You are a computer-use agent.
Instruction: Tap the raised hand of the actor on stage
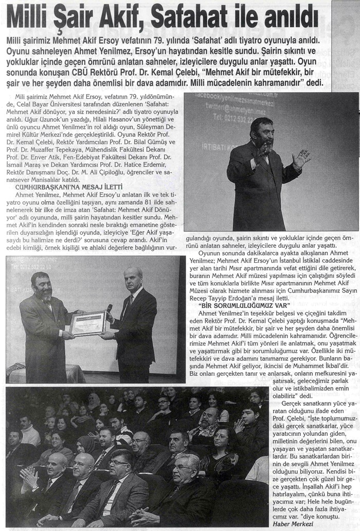point(300,158)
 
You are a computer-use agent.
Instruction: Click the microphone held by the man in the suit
point(109,309)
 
